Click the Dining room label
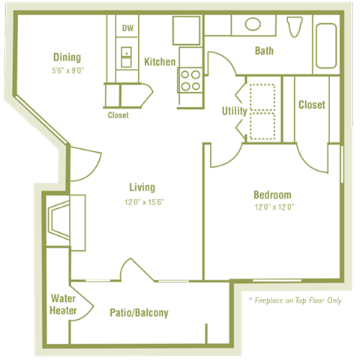click(x=67, y=58)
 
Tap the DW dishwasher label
click(x=127, y=28)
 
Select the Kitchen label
click(x=160, y=61)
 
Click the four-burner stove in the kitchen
click(x=190, y=80)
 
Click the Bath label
click(x=264, y=51)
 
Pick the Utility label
click(x=234, y=111)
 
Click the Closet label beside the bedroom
click(x=311, y=105)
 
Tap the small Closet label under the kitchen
click(x=118, y=115)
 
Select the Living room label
click(x=142, y=187)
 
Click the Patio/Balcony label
click(x=139, y=313)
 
